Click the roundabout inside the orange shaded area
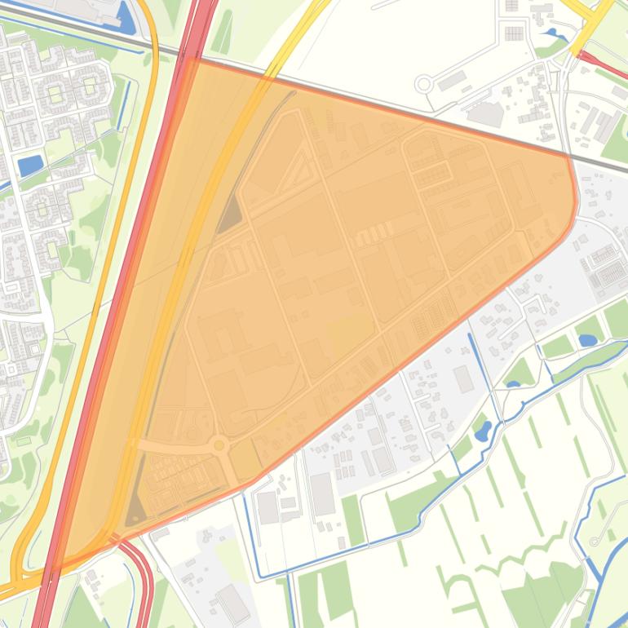click(x=219, y=445)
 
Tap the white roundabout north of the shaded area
click(x=423, y=83)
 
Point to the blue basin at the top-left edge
click(x=126, y=16)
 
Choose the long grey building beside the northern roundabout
click(x=451, y=82)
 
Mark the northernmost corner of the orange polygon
click(x=189, y=59)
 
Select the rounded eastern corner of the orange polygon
click(x=573, y=204)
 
